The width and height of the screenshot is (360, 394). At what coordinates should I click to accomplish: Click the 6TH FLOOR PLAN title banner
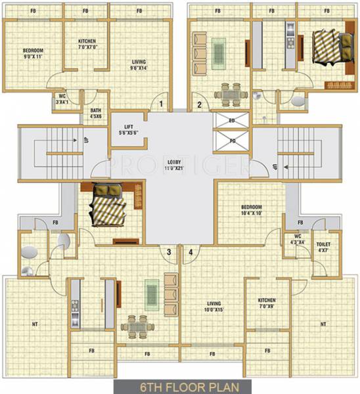179,387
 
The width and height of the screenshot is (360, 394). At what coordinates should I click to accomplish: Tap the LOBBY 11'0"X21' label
175,165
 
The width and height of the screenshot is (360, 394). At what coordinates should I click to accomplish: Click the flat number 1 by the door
161,103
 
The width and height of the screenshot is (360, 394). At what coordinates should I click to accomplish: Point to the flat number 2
199,104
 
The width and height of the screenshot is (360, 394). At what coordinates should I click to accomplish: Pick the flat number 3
169,252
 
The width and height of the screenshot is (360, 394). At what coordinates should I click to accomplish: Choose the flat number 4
191,252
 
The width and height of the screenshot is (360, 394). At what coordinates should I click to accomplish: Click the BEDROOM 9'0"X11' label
32,54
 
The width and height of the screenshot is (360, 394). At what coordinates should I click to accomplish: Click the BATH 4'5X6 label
96,114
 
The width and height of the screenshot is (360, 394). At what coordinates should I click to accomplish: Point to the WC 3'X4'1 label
62,99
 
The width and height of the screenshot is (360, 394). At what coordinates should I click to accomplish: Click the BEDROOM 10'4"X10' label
251,210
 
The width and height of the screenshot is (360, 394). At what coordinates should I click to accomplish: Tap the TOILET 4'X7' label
323,246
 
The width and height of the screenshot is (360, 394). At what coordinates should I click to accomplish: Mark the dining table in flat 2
227,93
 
